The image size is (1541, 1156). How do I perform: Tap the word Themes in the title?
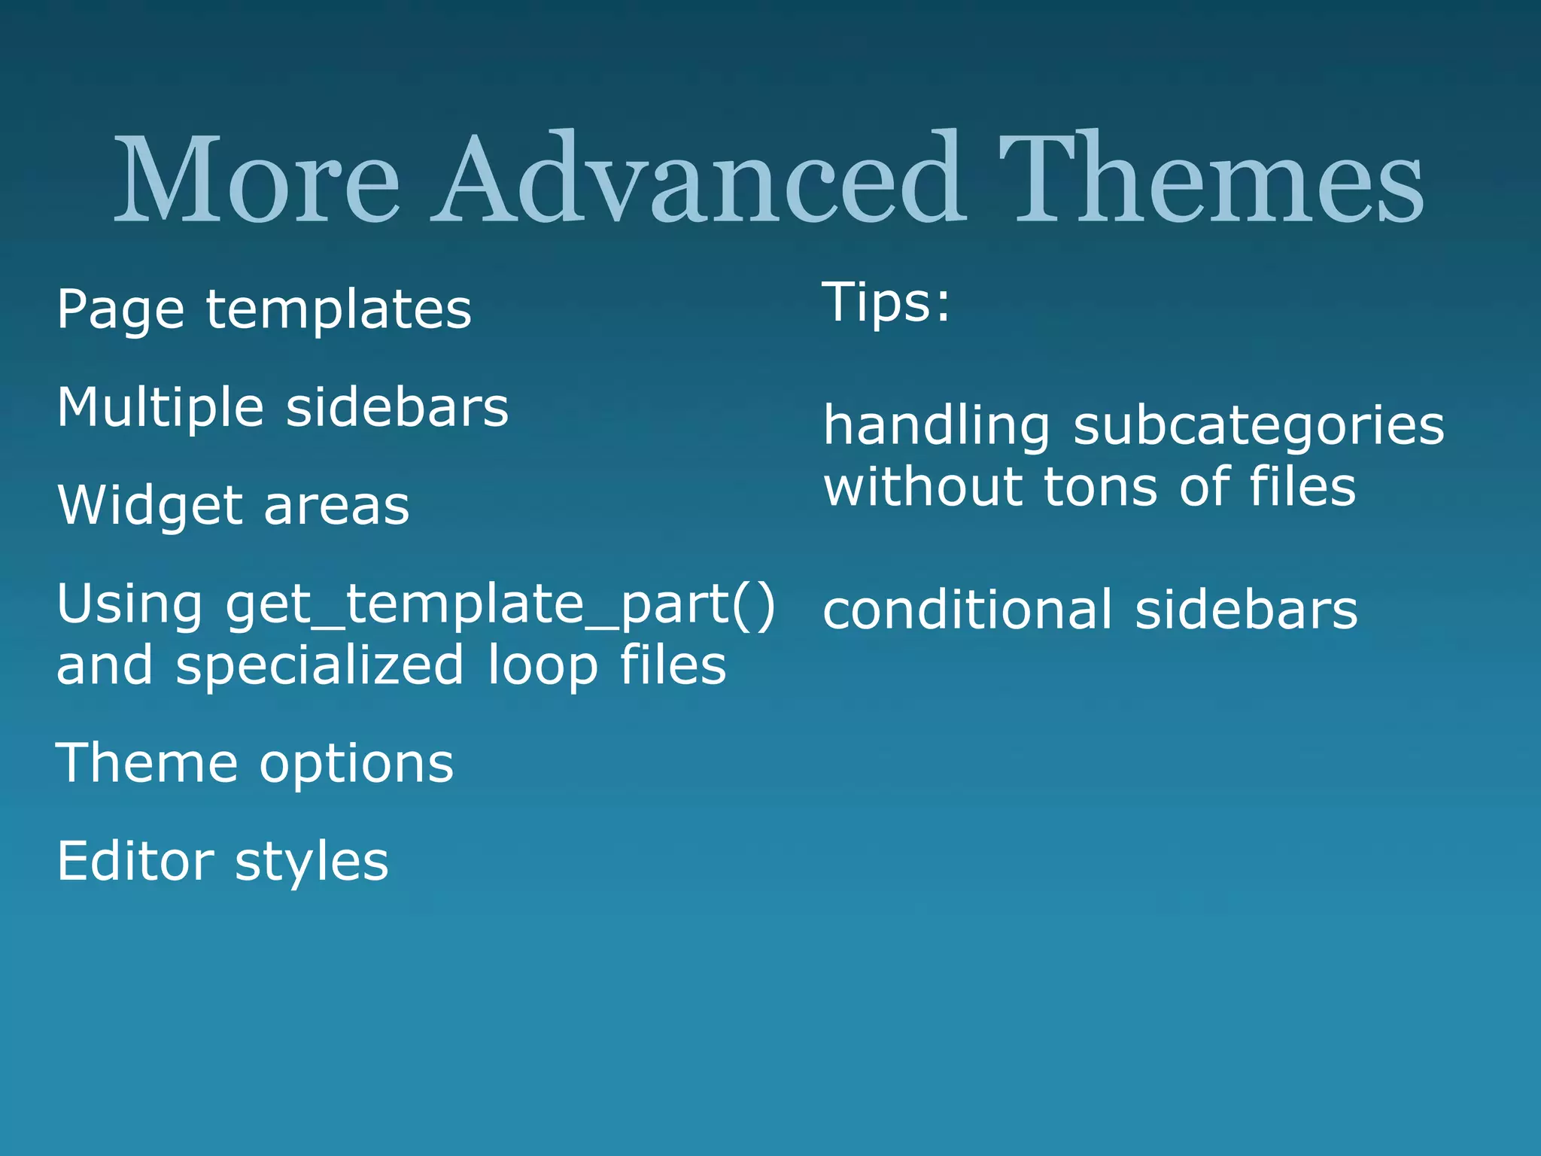pos(1211,179)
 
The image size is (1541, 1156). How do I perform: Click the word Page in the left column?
pos(120,310)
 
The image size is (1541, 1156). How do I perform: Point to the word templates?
pos(339,310)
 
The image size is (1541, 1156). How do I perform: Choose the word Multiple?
pos(160,407)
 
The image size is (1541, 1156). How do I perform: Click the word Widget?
pos(150,505)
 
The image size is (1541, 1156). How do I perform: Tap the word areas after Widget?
pos(336,505)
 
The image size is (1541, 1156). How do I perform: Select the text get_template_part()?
pos(500,604)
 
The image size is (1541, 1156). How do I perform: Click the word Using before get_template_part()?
pos(129,604)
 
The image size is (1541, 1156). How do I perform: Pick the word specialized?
pos(320,665)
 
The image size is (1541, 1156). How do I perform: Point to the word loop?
pos(542,665)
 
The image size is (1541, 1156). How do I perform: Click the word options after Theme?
pos(357,763)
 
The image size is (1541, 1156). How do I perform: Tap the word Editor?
pos(135,861)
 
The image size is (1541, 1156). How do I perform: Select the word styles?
pos(312,861)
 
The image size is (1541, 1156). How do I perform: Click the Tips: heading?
pos(886,303)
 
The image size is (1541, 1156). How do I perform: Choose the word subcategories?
pos(1258,426)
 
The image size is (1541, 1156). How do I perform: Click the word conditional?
pos(967,610)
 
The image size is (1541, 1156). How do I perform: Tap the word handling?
pos(936,426)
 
